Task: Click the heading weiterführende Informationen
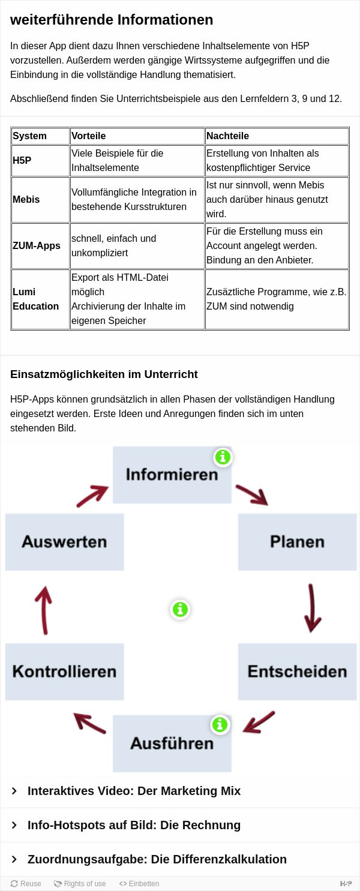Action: (112, 19)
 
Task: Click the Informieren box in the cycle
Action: (172, 475)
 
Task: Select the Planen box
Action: (297, 542)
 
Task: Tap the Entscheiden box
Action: (297, 671)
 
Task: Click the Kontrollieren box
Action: (64, 671)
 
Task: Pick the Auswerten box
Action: (64, 542)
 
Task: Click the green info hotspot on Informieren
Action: (223, 457)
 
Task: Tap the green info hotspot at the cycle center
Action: (180, 609)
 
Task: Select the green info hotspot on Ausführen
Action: (220, 724)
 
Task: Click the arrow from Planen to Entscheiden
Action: (312, 608)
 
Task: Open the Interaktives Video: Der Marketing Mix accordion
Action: (134, 791)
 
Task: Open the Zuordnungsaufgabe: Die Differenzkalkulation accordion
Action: (157, 859)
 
